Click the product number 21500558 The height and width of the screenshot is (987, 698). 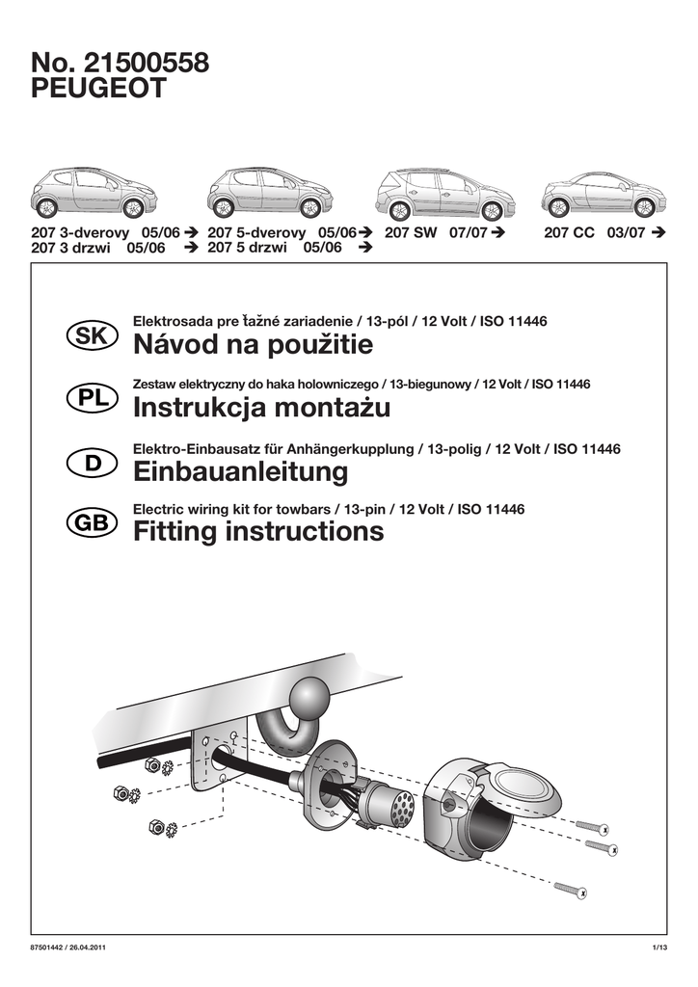pyautogui.click(x=147, y=64)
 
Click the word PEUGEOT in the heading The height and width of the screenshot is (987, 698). pyautogui.click(x=99, y=90)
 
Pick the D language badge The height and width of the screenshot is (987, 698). pyautogui.click(x=93, y=463)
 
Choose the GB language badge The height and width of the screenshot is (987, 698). pyautogui.click(x=93, y=522)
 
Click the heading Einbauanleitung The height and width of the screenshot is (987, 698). pyautogui.click(x=240, y=472)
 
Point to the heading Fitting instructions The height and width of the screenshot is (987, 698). pyautogui.click(x=257, y=531)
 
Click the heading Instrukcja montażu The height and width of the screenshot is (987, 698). pyautogui.click(x=261, y=409)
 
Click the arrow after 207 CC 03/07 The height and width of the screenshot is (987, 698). pyautogui.click(x=658, y=233)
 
